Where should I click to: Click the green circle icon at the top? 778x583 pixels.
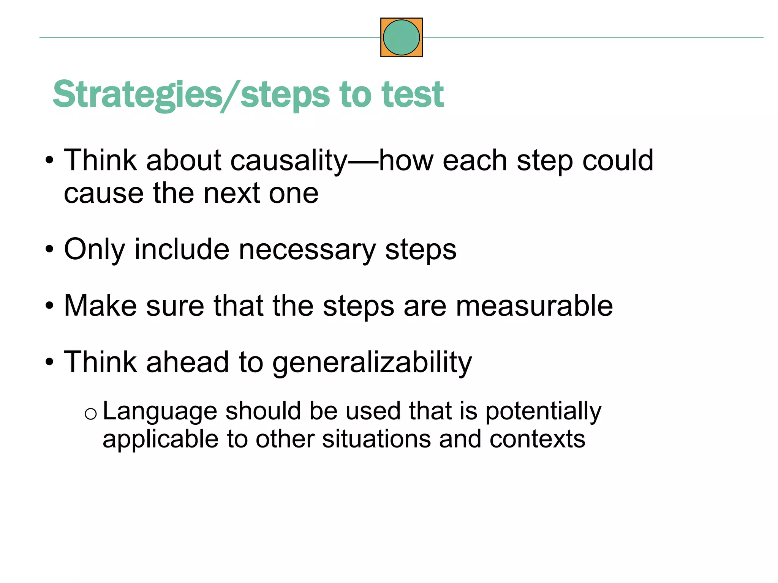tap(401, 38)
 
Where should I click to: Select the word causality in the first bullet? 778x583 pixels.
tap(289, 161)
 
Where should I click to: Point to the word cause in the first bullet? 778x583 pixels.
tap(103, 194)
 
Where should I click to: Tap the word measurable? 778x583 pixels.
tap(534, 306)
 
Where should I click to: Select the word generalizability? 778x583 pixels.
tap(372, 363)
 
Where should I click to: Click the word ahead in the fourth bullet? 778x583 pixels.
tap(188, 362)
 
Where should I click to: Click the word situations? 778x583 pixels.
tap(376, 440)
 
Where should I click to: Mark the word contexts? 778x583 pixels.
tap(537, 440)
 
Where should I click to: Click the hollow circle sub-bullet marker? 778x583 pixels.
tap(90, 414)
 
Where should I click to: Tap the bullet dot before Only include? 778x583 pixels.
tap(49, 250)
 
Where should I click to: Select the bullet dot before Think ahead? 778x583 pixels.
tap(49, 362)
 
